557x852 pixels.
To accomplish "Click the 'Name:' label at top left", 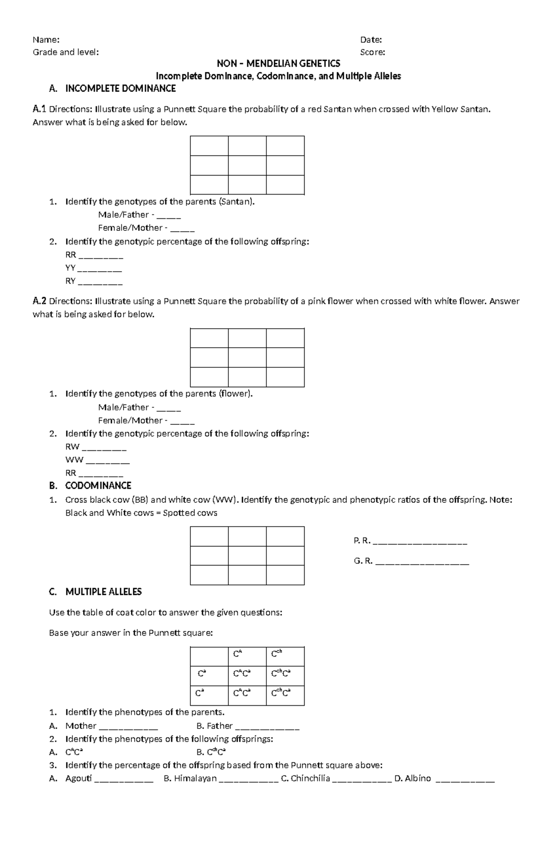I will (x=46, y=40).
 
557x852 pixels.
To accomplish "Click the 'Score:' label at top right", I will (x=372, y=52).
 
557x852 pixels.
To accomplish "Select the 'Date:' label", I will (x=371, y=40).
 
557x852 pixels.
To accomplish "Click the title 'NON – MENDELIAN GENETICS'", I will (x=278, y=64).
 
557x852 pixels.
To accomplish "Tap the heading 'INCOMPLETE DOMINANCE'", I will (x=120, y=89).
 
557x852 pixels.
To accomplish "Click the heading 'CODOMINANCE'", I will (x=98, y=486).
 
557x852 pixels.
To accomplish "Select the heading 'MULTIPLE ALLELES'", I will (x=103, y=592).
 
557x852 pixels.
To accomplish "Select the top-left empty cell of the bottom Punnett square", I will (x=209, y=656).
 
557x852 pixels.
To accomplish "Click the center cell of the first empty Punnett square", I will (x=247, y=165).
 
